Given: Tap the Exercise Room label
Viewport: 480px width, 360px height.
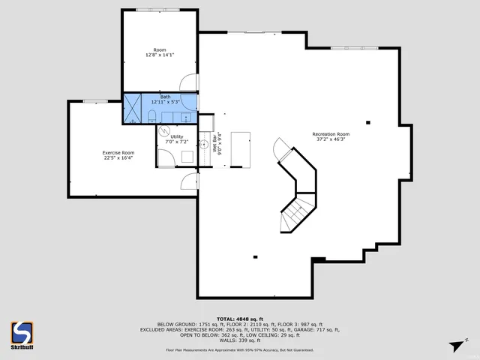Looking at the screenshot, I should pos(118,152).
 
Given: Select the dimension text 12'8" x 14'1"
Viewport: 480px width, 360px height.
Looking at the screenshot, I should pos(159,55).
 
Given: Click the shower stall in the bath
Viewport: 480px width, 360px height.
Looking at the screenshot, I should pos(132,108).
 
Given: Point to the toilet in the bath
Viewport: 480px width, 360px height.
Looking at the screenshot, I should pos(151,115).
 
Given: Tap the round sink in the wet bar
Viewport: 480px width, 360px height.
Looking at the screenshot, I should pos(203,143).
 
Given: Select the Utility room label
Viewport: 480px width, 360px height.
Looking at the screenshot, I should pos(176,136).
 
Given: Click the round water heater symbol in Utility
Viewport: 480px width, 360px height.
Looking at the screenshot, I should pos(165,130).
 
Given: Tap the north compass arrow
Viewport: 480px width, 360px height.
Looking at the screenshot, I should pos(455,346).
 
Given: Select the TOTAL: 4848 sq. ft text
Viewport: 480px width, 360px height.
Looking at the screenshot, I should pos(239,319).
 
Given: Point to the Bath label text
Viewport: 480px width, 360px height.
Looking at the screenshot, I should pos(165,97).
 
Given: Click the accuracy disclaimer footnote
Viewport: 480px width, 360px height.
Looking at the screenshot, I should pos(239,350).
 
